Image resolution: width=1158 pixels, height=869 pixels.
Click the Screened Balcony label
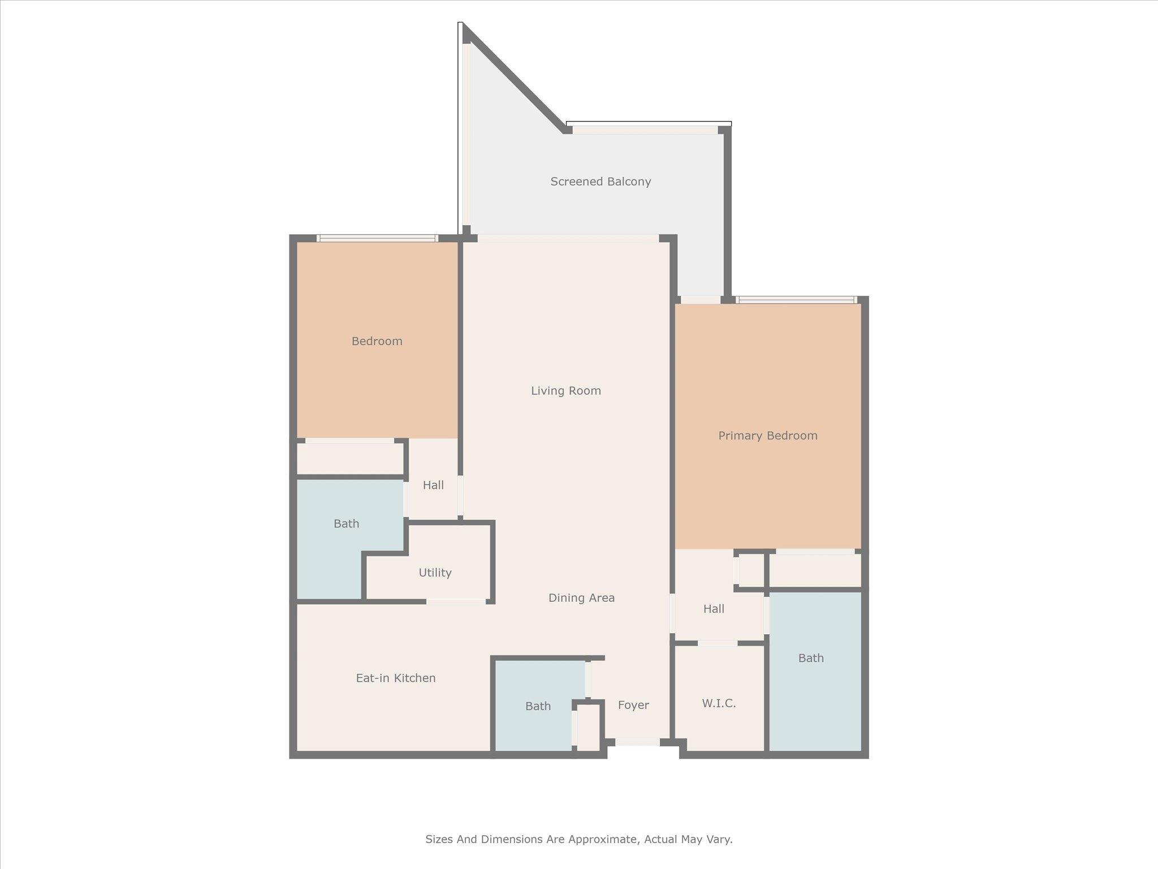click(x=600, y=182)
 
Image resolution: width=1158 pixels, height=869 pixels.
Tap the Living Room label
click(x=565, y=390)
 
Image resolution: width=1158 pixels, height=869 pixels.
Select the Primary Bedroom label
click(x=767, y=436)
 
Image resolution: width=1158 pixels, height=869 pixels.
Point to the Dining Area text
click(x=581, y=598)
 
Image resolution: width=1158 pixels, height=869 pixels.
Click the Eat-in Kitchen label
click(x=395, y=678)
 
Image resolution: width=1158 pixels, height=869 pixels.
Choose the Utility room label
click(x=435, y=573)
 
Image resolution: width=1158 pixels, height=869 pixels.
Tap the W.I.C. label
click(x=719, y=703)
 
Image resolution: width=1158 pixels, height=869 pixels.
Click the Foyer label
click(x=633, y=705)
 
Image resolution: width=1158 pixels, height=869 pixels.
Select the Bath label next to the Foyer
click(x=538, y=706)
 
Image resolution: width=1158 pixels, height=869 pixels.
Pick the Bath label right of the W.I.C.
click(x=811, y=658)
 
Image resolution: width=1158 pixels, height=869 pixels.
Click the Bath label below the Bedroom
click(x=346, y=524)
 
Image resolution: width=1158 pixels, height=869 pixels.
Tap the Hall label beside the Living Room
click(x=433, y=485)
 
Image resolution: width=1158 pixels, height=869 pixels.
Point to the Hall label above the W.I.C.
click(x=714, y=609)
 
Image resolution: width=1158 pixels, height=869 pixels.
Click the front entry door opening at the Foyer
click(x=637, y=742)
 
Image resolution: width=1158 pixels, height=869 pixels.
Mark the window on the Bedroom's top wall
click(x=377, y=238)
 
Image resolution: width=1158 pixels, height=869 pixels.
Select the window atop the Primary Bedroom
click(x=796, y=300)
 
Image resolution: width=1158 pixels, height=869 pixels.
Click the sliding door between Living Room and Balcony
click(x=568, y=238)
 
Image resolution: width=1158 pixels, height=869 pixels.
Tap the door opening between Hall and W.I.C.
click(x=718, y=643)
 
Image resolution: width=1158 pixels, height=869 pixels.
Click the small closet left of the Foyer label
click(x=588, y=728)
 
